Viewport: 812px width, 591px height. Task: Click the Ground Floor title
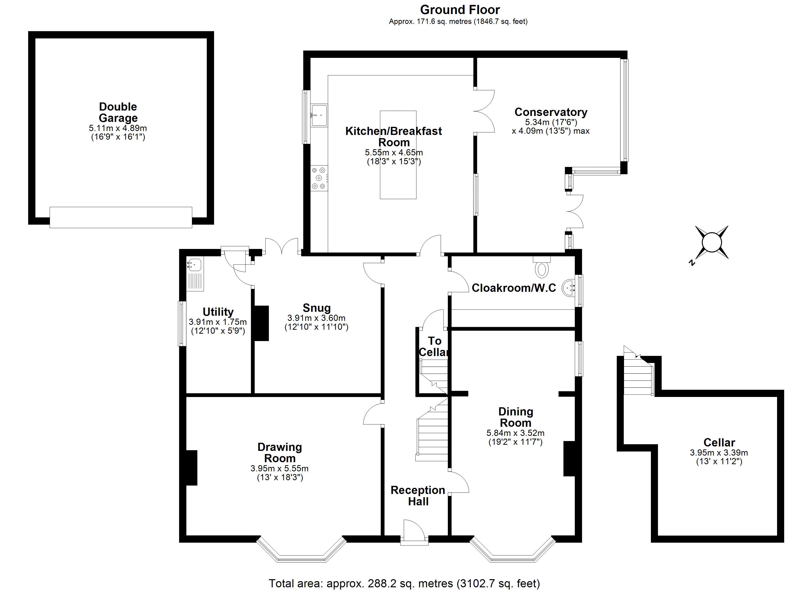(x=460, y=10)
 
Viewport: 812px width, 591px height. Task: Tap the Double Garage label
(x=118, y=112)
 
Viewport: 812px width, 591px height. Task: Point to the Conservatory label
(x=551, y=112)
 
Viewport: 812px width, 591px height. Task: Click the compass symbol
(x=712, y=243)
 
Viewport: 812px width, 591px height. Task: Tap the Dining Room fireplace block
(x=569, y=459)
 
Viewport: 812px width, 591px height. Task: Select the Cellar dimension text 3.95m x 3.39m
(x=718, y=453)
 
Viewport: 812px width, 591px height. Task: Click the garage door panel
(x=121, y=217)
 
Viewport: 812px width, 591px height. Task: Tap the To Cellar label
(x=434, y=346)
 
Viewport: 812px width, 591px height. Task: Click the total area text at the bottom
(x=404, y=583)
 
